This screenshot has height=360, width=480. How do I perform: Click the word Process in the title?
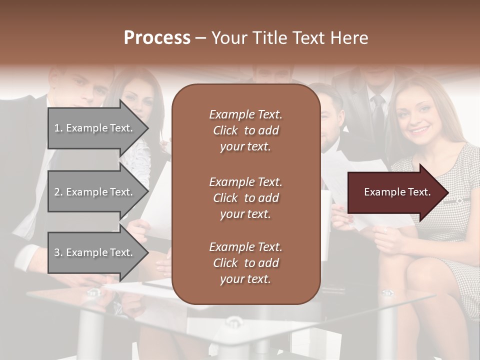157,38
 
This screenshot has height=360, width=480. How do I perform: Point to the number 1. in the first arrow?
58,128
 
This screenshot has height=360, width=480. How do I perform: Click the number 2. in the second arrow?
58,192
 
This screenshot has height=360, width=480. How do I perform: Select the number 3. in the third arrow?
58,252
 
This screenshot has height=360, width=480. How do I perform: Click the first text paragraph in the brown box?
245,130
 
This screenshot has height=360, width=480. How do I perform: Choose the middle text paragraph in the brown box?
245,198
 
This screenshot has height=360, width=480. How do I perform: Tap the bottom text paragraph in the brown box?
245,263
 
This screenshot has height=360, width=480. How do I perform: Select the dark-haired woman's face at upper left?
137,102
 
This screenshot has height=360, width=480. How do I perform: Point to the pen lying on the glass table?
157,284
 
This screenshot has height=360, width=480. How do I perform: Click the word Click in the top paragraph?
225,130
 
